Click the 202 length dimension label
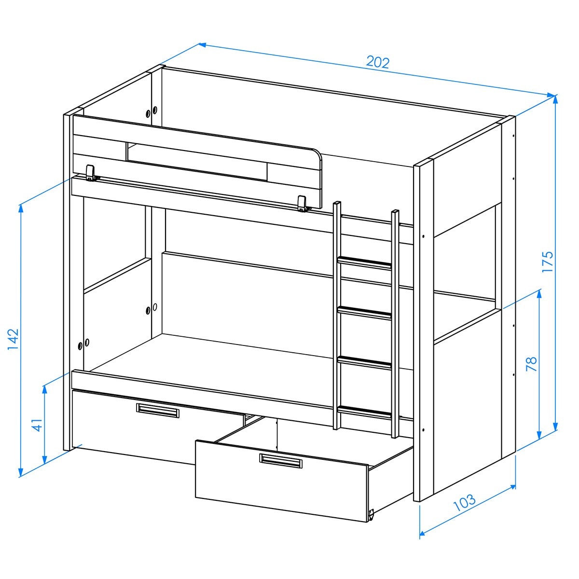pyautogui.click(x=378, y=63)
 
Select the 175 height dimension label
pyautogui.click(x=547, y=262)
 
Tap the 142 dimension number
pyautogui.click(x=13, y=340)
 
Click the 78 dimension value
pyautogui.click(x=532, y=364)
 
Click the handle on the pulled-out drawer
pyautogui.click(x=281, y=461)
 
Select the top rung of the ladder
pyautogui.click(x=365, y=262)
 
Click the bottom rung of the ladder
pyautogui.click(x=365, y=412)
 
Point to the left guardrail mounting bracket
pyautogui.click(x=91, y=173)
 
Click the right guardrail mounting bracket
pyautogui.click(x=303, y=204)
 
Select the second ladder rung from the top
pyautogui.click(x=365, y=313)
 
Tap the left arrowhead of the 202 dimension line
pyautogui.click(x=202, y=45)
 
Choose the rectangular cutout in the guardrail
pyautogui.click(x=197, y=162)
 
